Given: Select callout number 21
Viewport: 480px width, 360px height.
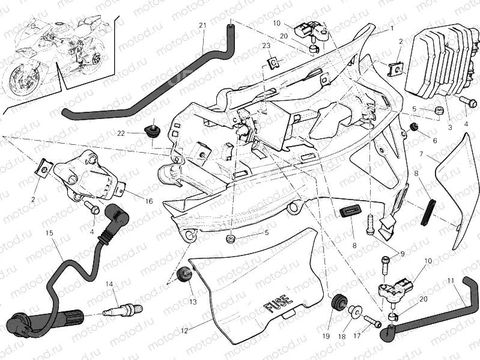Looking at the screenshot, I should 202,25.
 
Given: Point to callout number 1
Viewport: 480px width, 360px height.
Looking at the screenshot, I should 391,28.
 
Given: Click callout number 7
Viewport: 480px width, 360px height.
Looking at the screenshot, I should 422,154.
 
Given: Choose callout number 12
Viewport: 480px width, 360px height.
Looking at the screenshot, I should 184,330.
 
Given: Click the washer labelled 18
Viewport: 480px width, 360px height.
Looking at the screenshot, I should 355,311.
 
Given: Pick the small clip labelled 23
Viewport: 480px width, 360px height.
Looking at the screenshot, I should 273,61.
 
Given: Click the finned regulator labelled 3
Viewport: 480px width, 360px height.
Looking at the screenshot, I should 436,60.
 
